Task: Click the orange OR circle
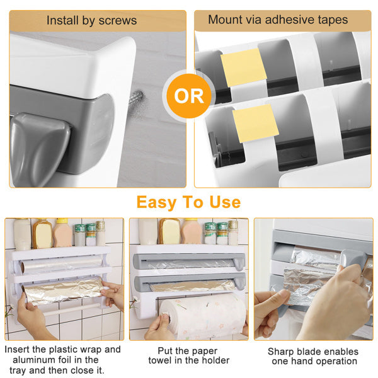189,96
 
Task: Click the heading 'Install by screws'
91,20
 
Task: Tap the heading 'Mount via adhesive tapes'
278,20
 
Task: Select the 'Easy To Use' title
188,202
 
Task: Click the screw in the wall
135,99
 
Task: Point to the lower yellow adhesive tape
255,122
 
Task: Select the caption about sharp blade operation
313,356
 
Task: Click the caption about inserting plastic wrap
63,359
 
